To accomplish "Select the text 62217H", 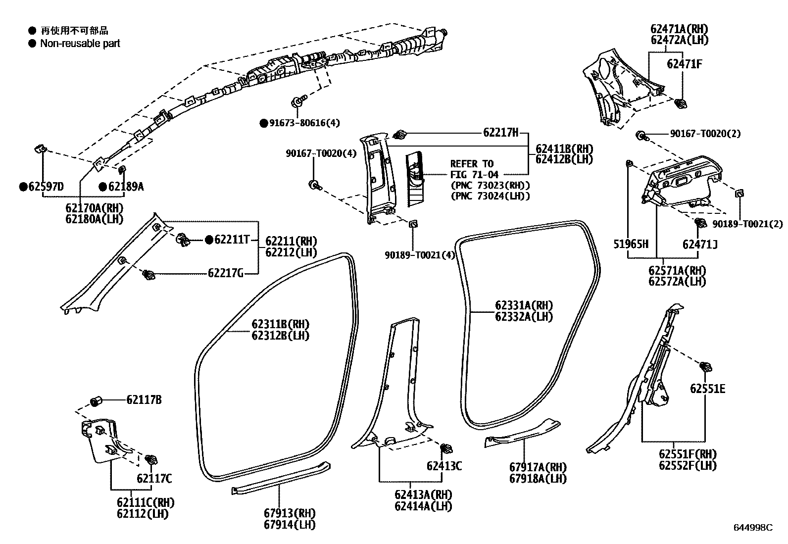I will tap(500, 132).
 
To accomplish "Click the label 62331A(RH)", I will tap(524, 305).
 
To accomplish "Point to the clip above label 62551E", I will tap(706, 367).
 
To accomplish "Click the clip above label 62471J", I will tap(700, 223).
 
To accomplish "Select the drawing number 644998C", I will tap(753, 528).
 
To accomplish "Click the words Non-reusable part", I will tap(80, 44).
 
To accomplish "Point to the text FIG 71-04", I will tap(474, 175).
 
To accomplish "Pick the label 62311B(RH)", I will tap(280, 324).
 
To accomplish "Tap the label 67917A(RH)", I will tap(538, 467).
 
